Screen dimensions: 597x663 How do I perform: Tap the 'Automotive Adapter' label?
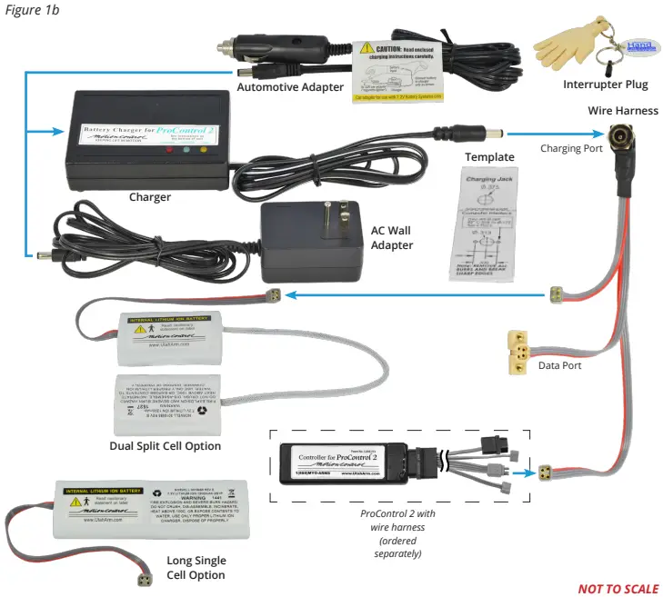pos(290,87)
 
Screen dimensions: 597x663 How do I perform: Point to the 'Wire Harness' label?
pos(616,110)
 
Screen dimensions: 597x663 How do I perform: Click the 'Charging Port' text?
pos(571,147)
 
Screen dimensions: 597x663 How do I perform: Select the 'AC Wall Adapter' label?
pos(392,238)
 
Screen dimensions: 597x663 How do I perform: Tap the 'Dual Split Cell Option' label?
pos(166,446)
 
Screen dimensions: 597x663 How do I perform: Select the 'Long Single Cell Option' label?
pos(196,567)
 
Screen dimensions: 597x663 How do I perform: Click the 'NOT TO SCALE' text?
pos(618,588)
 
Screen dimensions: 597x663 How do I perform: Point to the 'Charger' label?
pos(150,196)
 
